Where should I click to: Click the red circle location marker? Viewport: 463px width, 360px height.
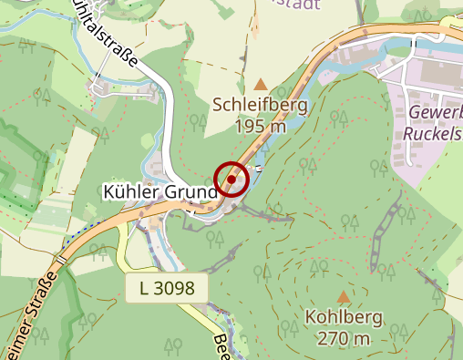(231, 180)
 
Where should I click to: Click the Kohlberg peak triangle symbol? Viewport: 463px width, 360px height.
(344, 296)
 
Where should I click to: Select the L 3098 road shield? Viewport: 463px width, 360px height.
(167, 289)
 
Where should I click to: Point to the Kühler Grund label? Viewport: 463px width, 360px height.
(158, 192)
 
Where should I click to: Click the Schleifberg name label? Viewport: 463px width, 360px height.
(261, 105)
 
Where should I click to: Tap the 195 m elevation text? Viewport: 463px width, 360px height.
(261, 126)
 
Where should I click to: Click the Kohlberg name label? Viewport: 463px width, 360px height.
(345, 318)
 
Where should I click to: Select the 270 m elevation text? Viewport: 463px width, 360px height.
(345, 338)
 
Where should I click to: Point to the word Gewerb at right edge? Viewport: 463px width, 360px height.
(435, 111)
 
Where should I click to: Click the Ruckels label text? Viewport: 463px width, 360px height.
(432, 132)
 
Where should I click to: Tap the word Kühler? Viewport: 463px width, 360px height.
(128, 192)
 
